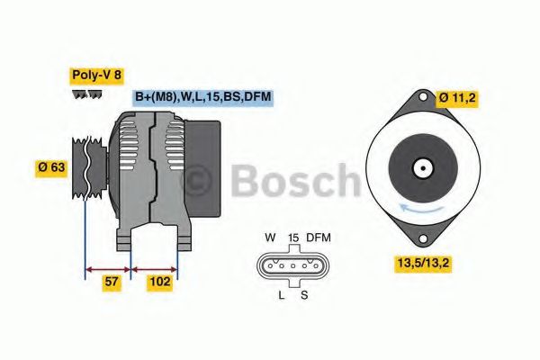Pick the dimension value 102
161,283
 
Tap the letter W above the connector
269,238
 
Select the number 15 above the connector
292,238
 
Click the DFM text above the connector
319,238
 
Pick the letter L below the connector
281,294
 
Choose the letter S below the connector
304,294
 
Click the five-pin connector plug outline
292,265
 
